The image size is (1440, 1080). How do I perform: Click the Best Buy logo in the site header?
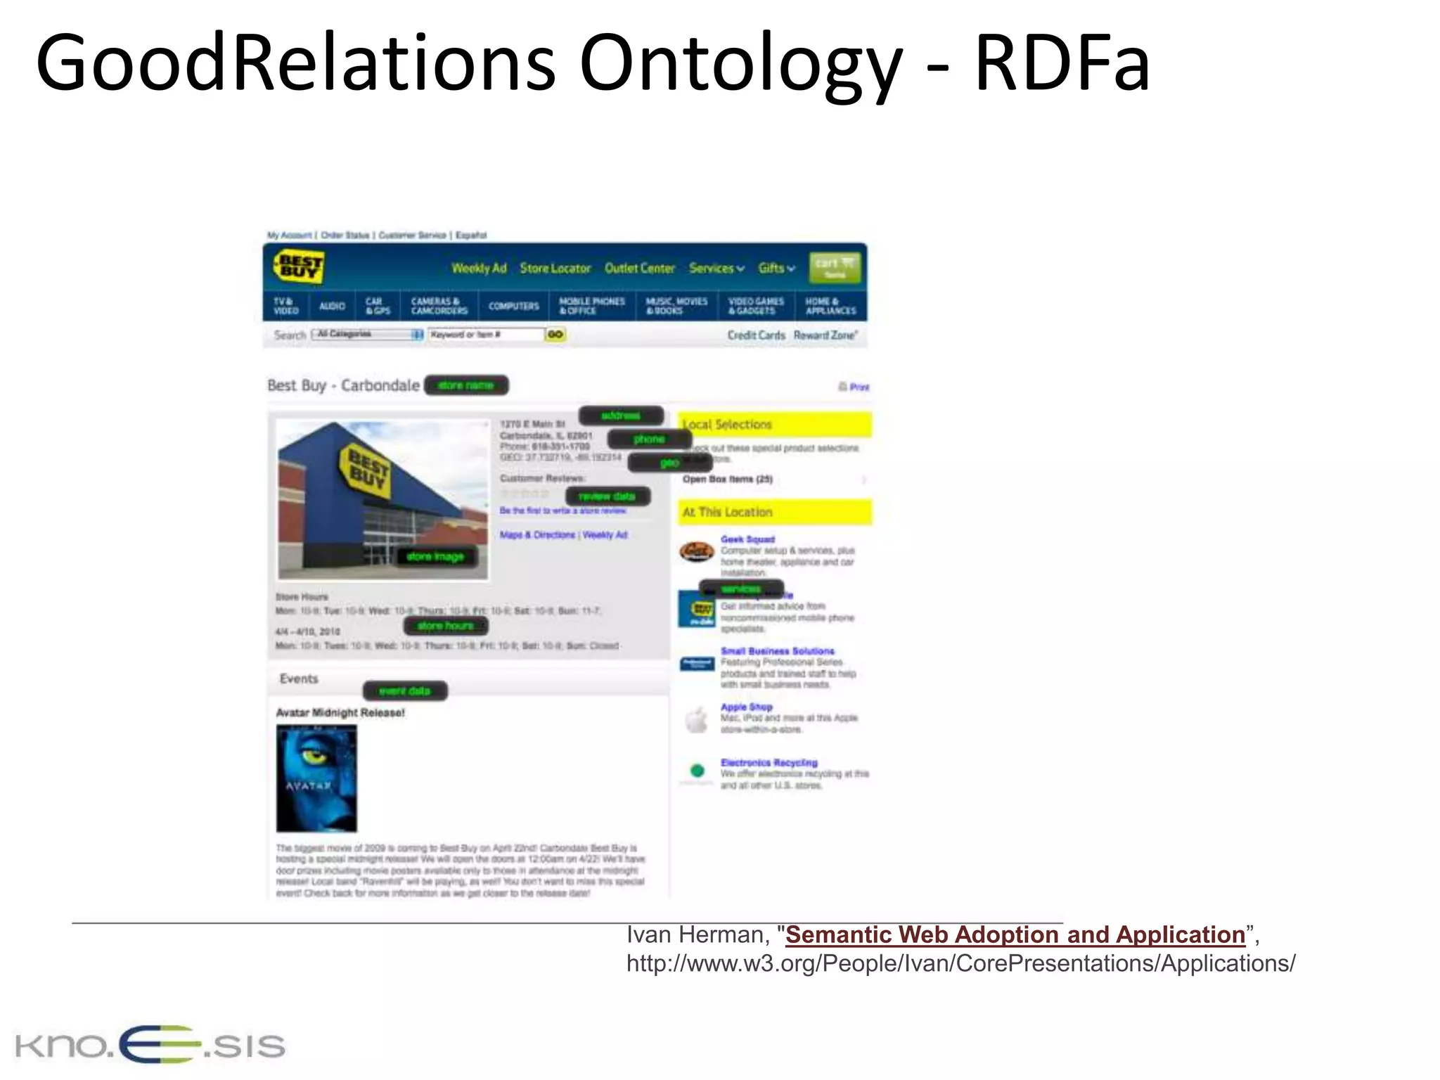pos(297,268)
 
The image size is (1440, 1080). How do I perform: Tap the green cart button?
pos(835,268)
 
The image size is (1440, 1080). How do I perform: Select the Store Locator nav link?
pos(555,268)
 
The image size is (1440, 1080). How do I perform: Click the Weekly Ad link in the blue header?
pos(479,268)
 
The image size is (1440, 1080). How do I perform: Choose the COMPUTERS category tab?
pos(513,306)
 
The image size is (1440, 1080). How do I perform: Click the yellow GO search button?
pos(555,335)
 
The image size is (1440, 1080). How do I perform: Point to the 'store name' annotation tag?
pos(465,385)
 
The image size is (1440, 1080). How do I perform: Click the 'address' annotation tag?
pos(621,416)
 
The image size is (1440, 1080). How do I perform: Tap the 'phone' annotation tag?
pos(648,439)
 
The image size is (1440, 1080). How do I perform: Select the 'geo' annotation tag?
pos(669,463)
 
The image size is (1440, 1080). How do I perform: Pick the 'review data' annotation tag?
pos(607,496)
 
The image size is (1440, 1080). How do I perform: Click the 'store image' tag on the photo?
pos(435,557)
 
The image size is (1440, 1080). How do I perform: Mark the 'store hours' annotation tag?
pos(446,626)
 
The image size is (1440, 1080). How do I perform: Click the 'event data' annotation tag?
pos(404,691)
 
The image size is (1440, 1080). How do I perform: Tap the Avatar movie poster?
pos(316,778)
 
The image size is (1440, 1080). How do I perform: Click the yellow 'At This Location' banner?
pos(774,512)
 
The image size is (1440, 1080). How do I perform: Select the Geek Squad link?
pos(747,539)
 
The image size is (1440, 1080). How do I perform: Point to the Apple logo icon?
pos(697,719)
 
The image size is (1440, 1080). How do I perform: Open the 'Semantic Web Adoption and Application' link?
pos(1015,934)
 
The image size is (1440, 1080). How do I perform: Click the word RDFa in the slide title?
pos(1062,63)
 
